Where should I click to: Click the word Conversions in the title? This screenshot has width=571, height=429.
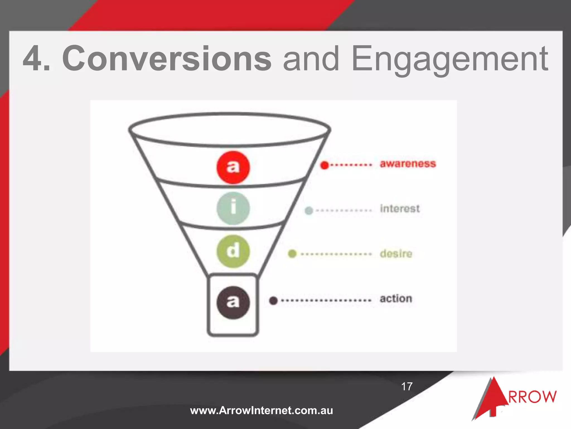click(167, 59)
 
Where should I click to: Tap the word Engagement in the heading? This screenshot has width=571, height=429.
click(450, 59)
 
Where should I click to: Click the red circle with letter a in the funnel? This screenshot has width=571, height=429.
click(233, 167)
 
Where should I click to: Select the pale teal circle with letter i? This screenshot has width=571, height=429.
click(233, 208)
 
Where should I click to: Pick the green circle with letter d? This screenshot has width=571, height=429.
click(233, 251)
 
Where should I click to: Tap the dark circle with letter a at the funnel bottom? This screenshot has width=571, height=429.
click(233, 302)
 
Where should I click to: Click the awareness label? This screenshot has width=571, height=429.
click(408, 164)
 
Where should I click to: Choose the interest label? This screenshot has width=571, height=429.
click(400, 209)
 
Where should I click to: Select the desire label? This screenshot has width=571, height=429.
click(396, 254)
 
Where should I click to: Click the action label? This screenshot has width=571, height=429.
click(396, 299)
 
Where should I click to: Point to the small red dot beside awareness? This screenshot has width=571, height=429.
click(325, 165)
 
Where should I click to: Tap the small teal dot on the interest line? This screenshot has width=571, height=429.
click(309, 211)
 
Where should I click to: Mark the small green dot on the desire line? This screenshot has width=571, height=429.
click(292, 254)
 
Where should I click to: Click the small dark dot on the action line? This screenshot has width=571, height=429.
click(273, 301)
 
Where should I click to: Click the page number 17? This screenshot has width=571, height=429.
click(407, 387)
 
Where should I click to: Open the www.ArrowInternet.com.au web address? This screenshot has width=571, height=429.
click(262, 411)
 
